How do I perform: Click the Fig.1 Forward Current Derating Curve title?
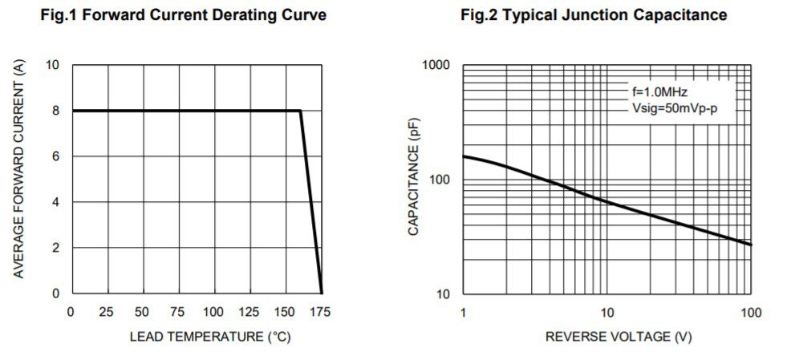(184, 15)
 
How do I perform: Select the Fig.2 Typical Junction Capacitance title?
(594, 15)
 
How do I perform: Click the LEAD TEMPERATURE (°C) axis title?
(210, 337)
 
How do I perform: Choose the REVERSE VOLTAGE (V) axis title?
(618, 337)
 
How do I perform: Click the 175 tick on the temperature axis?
(321, 311)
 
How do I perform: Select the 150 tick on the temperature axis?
(286, 311)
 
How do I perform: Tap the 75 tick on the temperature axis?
(178, 311)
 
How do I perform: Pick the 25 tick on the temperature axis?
(107, 311)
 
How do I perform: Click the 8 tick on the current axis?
(55, 111)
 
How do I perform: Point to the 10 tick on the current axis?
(52, 65)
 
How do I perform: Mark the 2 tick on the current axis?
(55, 248)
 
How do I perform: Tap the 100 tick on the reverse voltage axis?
(751, 311)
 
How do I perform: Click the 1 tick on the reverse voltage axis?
(464, 311)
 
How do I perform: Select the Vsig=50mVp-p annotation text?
(674, 107)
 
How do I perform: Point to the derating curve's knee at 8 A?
(301, 111)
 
